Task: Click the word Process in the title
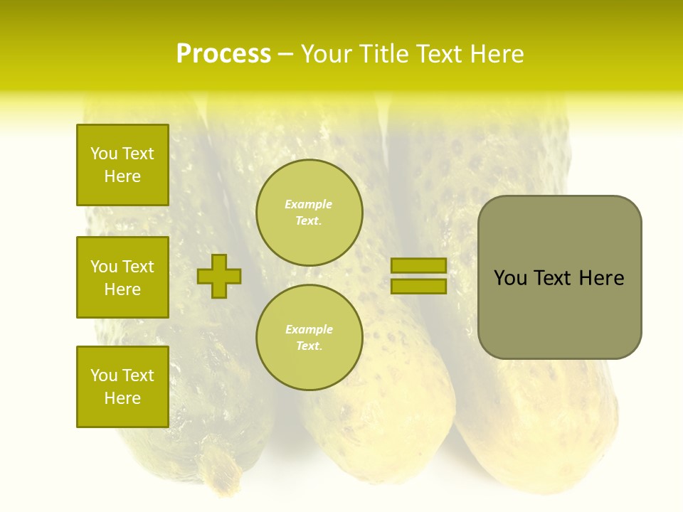[223, 54]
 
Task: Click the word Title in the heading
[380, 54]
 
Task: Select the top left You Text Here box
[122, 165]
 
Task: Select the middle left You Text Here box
[122, 277]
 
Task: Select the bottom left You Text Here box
[122, 387]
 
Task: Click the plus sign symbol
[219, 276]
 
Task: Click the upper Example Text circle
[309, 213]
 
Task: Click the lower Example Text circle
[309, 338]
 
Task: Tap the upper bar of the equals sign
[418, 265]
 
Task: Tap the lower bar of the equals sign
[418, 286]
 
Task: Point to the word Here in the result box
[601, 278]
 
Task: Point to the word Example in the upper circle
[309, 204]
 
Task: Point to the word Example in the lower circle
[309, 329]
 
